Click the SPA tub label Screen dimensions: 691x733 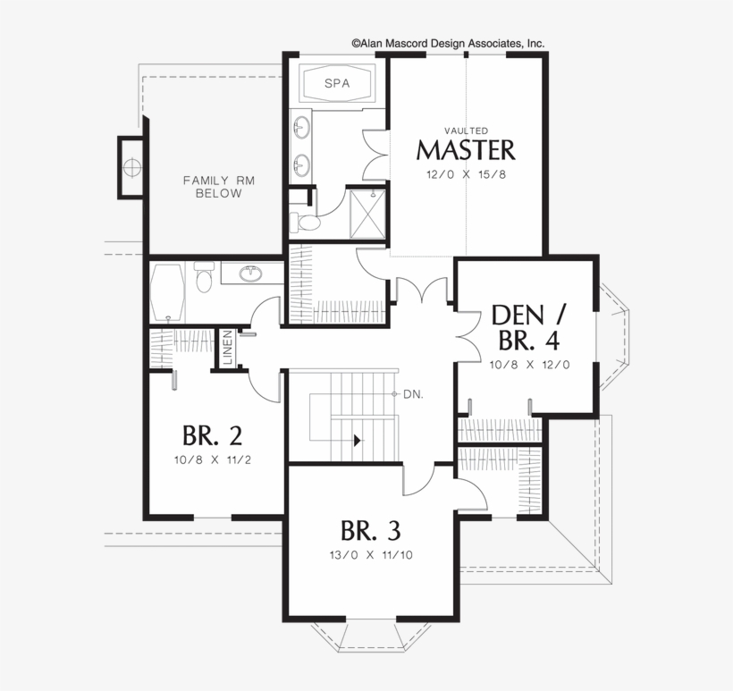(336, 85)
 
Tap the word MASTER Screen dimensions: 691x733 (466, 148)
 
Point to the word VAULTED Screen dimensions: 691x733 (466, 131)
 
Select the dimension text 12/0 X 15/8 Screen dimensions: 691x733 (466, 173)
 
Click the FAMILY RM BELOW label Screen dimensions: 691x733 (219, 187)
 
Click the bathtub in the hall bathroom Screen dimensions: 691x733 (169, 292)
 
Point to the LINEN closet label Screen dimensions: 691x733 (229, 350)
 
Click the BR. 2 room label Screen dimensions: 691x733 (212, 435)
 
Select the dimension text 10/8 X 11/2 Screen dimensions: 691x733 (212, 460)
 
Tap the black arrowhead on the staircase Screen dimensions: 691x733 (358, 440)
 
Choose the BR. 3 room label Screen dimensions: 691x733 (370, 530)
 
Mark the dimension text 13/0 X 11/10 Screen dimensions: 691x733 (370, 554)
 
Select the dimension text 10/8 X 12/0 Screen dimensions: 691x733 (529, 364)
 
